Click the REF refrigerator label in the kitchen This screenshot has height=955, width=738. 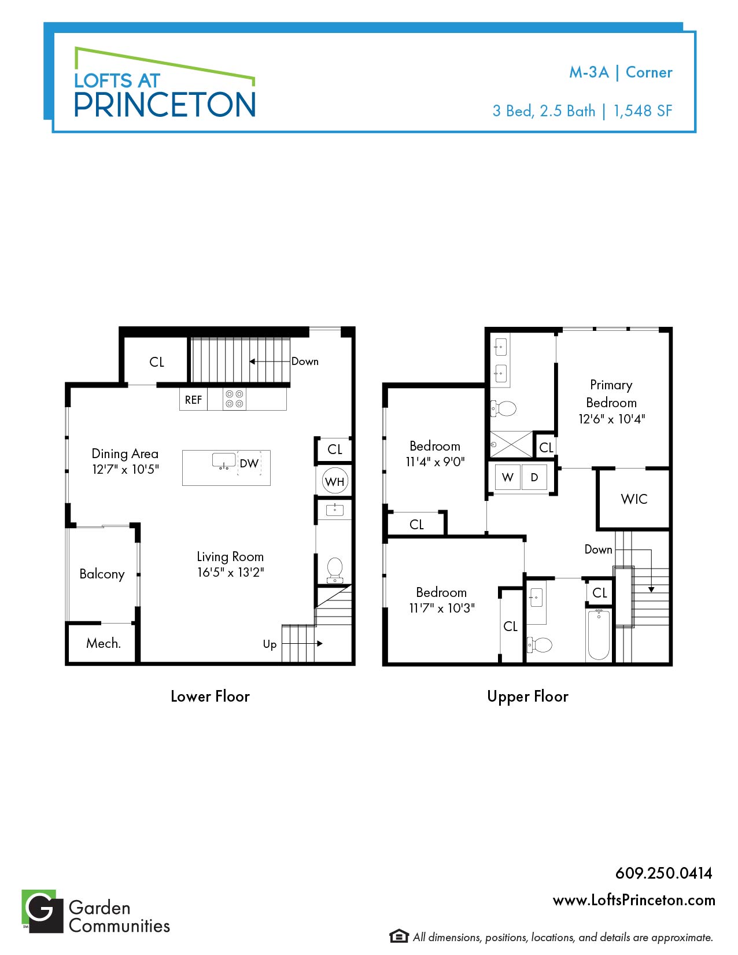[x=193, y=400]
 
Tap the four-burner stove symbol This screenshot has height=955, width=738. [x=234, y=399]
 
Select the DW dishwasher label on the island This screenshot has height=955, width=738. [x=249, y=463]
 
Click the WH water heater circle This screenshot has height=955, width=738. [x=335, y=481]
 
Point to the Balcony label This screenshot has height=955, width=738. [x=102, y=574]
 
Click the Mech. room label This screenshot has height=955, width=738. [x=103, y=643]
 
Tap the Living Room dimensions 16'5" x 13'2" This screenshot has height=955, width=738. [x=231, y=572]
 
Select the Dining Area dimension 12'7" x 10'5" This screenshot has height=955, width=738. [x=126, y=469]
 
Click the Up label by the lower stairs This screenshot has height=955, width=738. [x=270, y=645]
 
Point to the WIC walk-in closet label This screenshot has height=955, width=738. [x=634, y=499]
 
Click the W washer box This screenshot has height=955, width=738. [x=507, y=477]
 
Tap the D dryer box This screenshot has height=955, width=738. [x=534, y=477]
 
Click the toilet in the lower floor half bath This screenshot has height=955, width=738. [x=335, y=570]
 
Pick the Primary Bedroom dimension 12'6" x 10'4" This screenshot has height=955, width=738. [x=612, y=419]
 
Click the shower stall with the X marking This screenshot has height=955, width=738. [x=511, y=444]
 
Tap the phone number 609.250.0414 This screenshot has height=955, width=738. [x=664, y=873]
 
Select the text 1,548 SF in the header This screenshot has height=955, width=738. [x=643, y=110]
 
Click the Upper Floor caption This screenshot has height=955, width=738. [x=527, y=696]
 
